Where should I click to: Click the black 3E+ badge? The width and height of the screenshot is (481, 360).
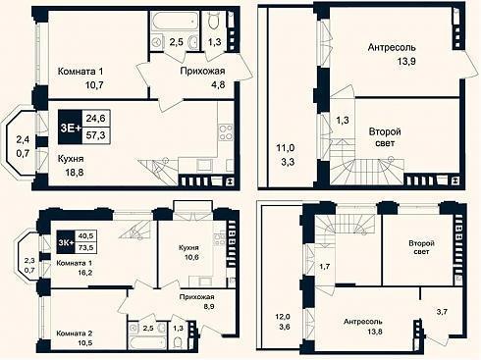tap(71, 128)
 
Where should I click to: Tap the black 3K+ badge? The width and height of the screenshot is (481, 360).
tap(66, 242)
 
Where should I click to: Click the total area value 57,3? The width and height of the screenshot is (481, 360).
tap(95, 135)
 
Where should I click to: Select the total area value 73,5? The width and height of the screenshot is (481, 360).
tap(85, 248)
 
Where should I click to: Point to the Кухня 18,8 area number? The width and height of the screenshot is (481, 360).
tap(75, 172)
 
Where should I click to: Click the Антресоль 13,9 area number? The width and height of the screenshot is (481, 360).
tap(406, 61)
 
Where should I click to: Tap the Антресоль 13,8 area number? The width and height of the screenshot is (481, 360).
tap(373, 332)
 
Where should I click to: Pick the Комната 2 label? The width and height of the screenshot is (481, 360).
tap(75, 334)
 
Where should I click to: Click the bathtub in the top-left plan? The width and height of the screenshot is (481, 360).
tap(175, 22)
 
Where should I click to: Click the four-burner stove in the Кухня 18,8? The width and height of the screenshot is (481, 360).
tap(226, 131)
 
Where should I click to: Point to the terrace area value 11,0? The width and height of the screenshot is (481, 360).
tap(286, 148)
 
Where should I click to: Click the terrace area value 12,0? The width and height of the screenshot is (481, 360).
tap(282, 317)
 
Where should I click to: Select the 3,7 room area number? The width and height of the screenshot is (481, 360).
tap(442, 312)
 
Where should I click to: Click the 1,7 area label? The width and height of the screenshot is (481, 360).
tap(324, 267)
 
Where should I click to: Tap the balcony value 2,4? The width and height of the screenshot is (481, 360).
tap(23, 139)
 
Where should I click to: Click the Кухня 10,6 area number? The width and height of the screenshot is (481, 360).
tap(191, 257)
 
